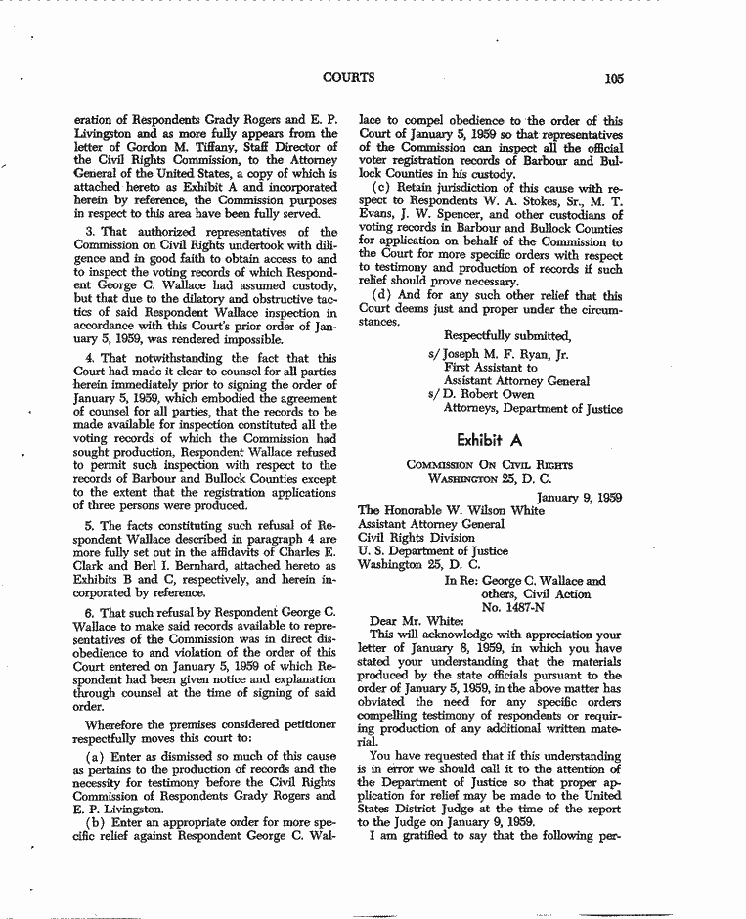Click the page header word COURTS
[348, 78]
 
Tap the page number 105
[614, 79]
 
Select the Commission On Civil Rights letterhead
[490, 465]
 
